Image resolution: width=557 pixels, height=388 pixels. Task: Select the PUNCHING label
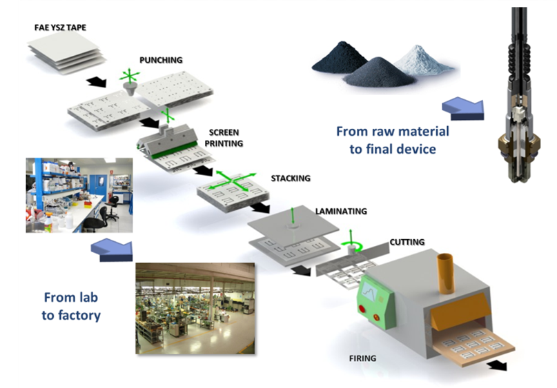click(161, 60)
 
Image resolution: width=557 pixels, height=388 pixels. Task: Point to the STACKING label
click(290, 178)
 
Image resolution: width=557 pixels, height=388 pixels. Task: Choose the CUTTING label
click(407, 241)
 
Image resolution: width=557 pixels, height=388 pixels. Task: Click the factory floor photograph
click(195, 307)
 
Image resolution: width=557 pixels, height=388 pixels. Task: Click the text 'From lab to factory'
click(72, 307)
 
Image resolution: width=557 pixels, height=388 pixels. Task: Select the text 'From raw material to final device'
click(392, 139)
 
